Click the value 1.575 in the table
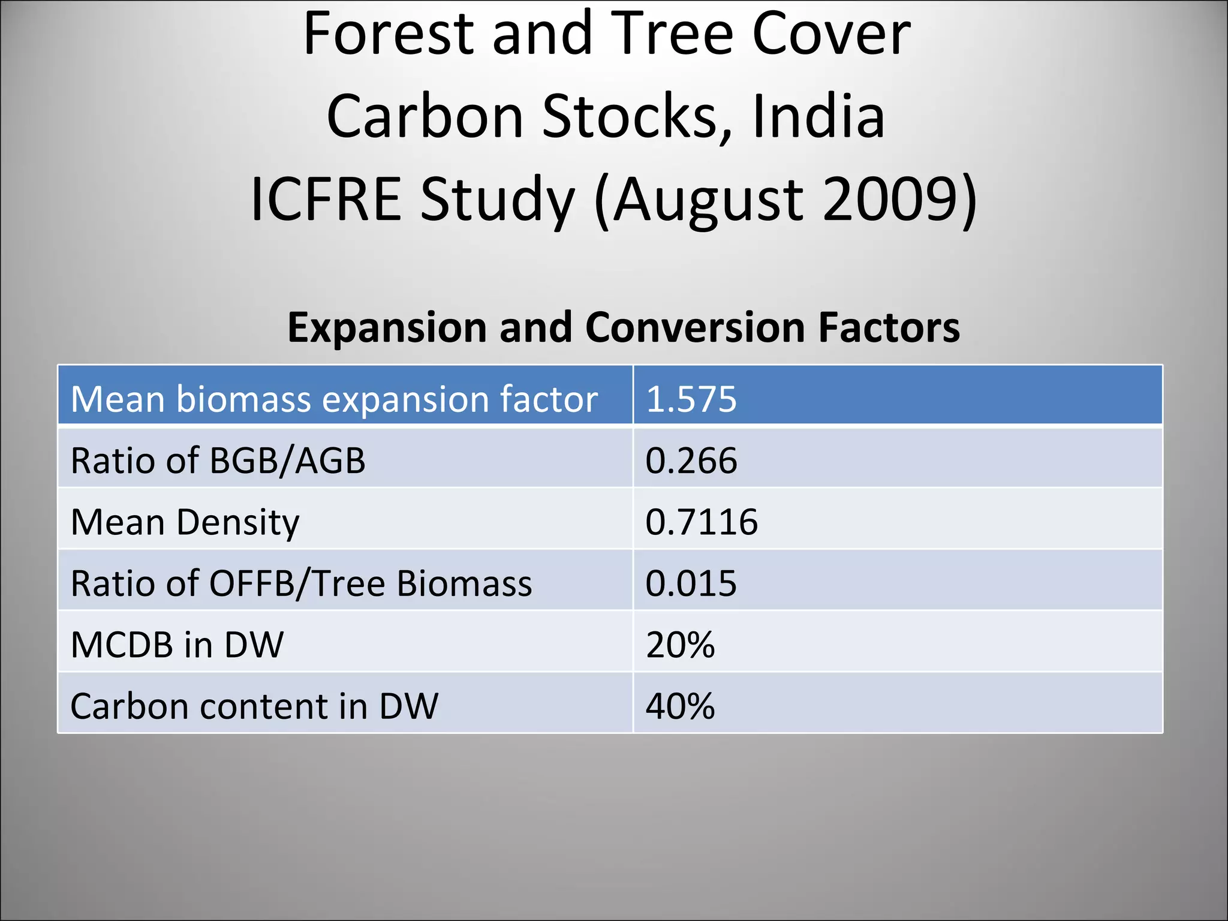coord(691,399)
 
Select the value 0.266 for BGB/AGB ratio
coord(691,461)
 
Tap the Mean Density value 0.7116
coord(701,522)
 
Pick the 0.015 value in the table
coord(691,583)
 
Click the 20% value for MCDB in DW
coord(680,645)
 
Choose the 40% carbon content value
coord(680,706)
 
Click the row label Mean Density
coord(185,522)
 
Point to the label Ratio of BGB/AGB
coord(218,461)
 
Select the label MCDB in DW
coord(177,645)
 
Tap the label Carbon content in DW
coord(254,706)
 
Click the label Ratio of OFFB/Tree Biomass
coord(301,583)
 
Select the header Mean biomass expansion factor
coord(334,399)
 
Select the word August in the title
coord(708,199)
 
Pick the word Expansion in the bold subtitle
coord(387,328)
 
